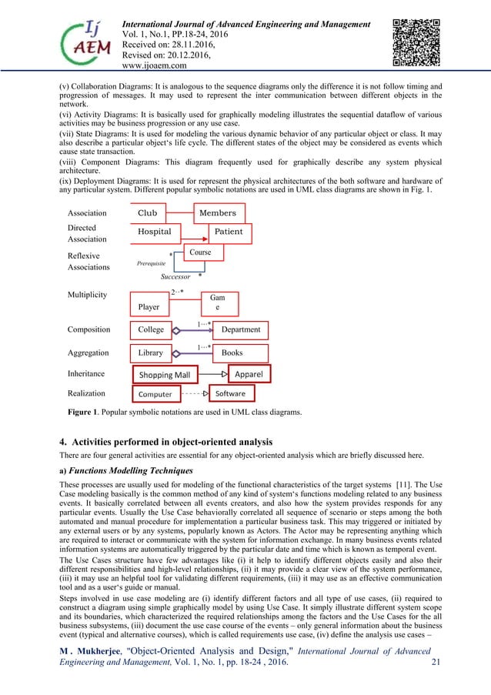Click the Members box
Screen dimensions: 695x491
(218, 213)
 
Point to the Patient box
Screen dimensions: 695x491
(229, 232)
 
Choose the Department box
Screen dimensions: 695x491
(241, 329)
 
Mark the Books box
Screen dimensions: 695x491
(241, 353)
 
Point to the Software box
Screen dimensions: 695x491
(230, 393)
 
